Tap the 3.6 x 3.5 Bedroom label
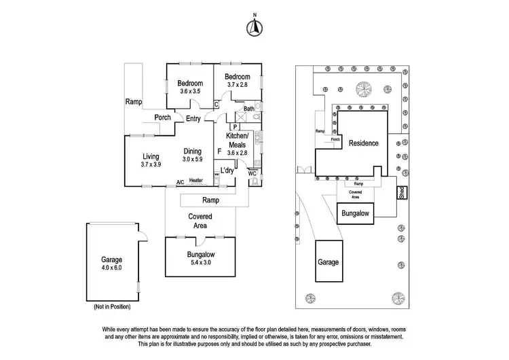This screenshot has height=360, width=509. (x=191, y=91)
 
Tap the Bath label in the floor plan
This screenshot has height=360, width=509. (x=249, y=109)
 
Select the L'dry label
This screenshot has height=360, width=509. (x=227, y=170)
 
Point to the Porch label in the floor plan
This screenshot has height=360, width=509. (x=162, y=117)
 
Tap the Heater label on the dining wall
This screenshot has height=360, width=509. (x=196, y=181)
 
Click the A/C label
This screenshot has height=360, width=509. (x=180, y=182)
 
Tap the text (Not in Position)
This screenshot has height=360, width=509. (x=111, y=307)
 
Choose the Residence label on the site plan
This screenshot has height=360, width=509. (x=363, y=143)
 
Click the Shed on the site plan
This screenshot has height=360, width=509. (x=401, y=192)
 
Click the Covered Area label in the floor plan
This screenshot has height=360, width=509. (x=200, y=221)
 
